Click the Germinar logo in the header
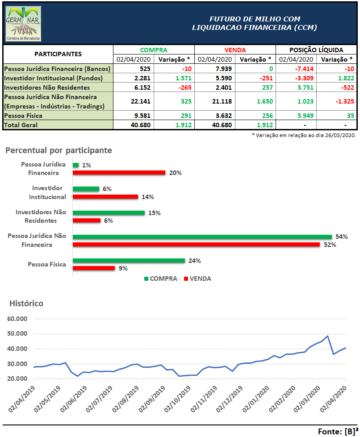23,24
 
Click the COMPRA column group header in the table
154,50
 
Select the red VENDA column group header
235,50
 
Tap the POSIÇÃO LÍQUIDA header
316,50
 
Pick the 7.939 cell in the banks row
223,69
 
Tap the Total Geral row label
21,125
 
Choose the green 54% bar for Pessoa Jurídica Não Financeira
202,237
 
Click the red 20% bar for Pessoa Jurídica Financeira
119,173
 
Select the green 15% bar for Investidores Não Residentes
109,213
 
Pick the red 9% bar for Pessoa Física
94,268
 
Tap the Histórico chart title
26,304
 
